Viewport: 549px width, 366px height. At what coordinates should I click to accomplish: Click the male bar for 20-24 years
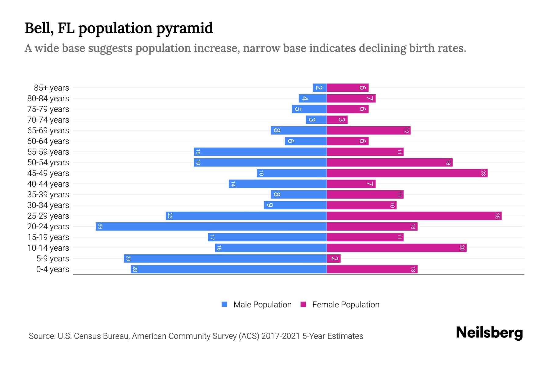(211, 226)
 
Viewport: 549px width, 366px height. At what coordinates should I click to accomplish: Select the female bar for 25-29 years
(414, 216)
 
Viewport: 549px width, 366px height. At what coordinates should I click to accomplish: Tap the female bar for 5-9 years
(333, 258)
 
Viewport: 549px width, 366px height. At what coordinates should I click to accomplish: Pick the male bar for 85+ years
(320, 88)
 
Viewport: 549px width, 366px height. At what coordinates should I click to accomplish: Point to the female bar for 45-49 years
(407, 173)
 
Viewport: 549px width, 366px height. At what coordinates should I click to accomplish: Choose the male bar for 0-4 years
(228, 269)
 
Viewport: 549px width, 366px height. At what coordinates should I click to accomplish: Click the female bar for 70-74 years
(337, 120)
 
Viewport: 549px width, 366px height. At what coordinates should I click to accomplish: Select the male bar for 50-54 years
(260, 162)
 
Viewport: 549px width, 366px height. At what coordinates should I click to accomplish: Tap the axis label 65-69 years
(48, 131)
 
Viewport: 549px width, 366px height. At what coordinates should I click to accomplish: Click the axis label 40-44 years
(48, 184)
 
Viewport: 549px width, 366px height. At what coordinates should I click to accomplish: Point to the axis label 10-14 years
(48, 248)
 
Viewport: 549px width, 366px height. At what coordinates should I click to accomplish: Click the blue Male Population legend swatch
(224, 304)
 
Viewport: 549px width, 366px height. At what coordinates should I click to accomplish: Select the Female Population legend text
(346, 305)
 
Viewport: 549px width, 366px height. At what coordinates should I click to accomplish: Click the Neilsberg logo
(489, 333)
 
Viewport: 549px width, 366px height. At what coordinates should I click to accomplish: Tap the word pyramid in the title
(185, 28)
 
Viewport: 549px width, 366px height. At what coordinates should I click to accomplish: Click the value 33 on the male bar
(100, 226)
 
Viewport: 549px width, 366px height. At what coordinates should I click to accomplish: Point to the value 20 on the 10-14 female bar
(462, 248)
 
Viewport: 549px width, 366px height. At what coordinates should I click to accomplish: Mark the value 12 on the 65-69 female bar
(406, 131)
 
